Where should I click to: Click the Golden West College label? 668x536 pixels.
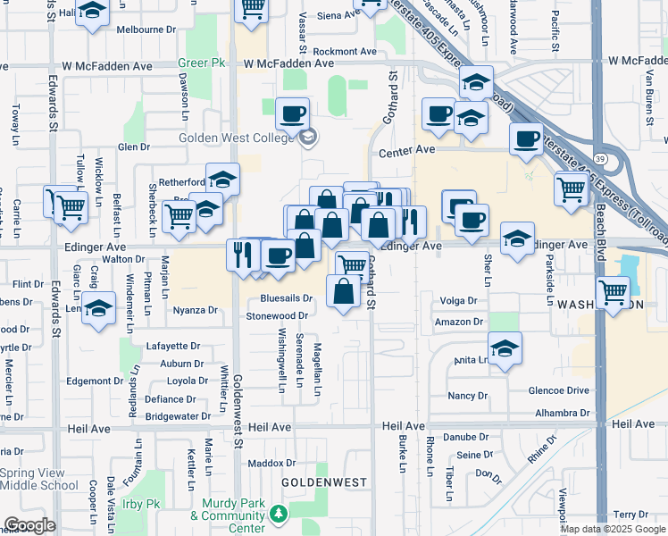[236, 138]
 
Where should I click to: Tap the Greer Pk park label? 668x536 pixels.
[201, 63]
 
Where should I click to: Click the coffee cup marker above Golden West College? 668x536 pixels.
[292, 115]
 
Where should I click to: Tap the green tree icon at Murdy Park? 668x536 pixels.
[279, 514]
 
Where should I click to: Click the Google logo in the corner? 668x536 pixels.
[30, 525]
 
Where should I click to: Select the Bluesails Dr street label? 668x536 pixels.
[286, 298]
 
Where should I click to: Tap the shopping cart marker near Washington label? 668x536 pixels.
[613, 292]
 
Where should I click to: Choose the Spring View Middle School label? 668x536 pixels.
[39, 479]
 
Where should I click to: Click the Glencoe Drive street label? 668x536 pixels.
[558, 390]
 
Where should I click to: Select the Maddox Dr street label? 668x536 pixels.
[271, 463]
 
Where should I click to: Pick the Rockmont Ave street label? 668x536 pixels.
[346, 52]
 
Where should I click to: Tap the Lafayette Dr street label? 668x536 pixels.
[172, 346]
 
